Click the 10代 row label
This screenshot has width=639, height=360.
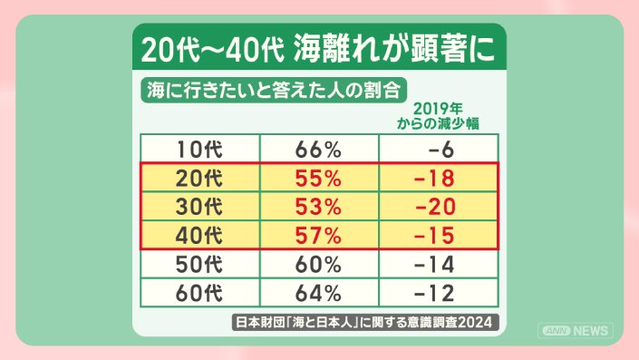[x=199, y=150]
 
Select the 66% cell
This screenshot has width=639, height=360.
[x=318, y=150]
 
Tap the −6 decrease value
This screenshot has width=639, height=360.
[x=441, y=150]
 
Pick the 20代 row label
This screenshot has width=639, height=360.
[x=199, y=178]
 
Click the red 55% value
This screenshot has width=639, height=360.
[x=318, y=178]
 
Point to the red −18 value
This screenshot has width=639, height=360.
[x=434, y=178]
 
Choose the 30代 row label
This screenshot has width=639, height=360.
[x=199, y=206]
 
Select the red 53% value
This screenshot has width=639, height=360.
[x=318, y=206]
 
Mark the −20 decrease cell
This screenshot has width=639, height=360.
[x=435, y=206]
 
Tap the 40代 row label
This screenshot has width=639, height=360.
[x=199, y=235]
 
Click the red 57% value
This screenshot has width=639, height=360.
[x=318, y=235]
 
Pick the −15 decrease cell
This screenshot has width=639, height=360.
[x=434, y=235]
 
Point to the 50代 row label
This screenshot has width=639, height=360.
[x=199, y=264]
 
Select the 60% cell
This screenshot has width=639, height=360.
[x=318, y=264]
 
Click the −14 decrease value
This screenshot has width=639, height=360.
[x=434, y=264]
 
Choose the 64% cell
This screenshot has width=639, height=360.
[x=318, y=293]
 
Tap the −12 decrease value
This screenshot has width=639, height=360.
[x=434, y=293]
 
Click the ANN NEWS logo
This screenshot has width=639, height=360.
[x=576, y=331]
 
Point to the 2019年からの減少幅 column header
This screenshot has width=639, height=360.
[x=438, y=116]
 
